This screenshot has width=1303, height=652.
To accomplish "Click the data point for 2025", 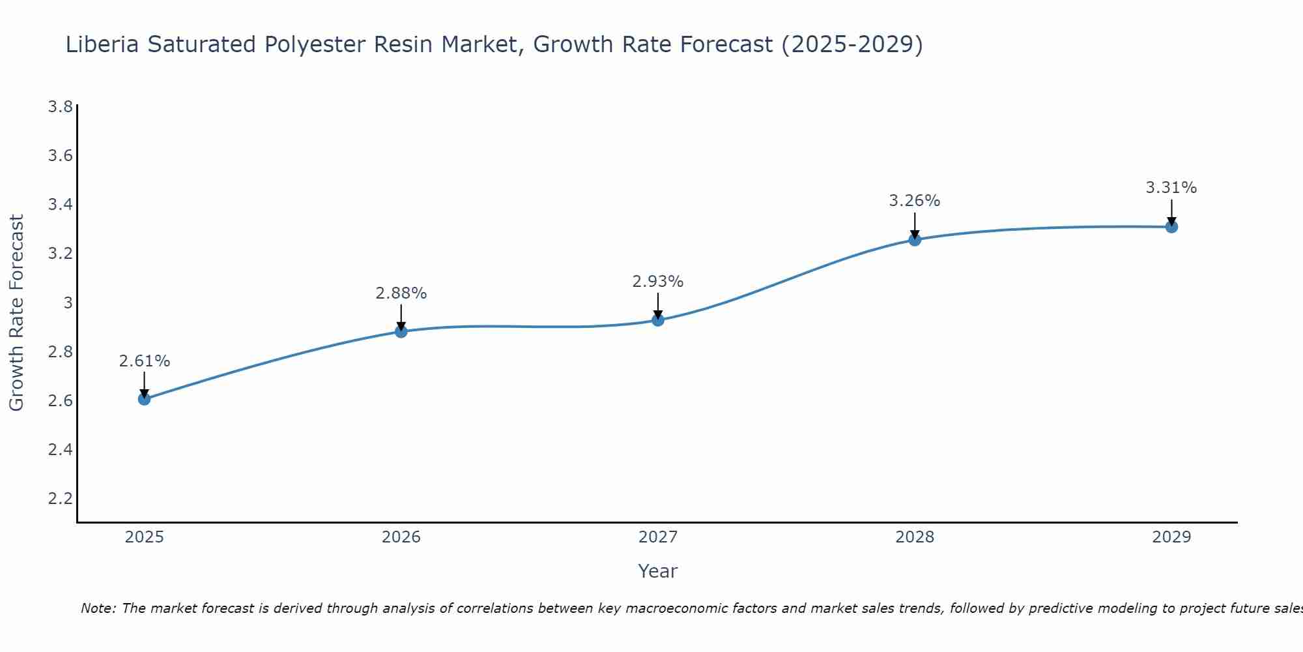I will [x=145, y=399].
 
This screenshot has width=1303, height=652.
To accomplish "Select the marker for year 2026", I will [x=401, y=332].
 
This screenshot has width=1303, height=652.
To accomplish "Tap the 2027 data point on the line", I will [x=658, y=320].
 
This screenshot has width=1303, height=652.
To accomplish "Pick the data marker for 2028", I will [x=915, y=240].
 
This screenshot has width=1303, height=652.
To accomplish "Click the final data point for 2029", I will [x=1171, y=227].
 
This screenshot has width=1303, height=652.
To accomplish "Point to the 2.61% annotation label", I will [x=145, y=361].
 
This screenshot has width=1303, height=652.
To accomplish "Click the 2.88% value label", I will [x=401, y=293].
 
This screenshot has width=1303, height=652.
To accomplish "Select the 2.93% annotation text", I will [x=658, y=282].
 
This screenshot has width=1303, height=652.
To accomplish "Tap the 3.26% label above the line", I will [x=915, y=201].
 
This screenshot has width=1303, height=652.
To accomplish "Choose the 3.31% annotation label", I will [x=1171, y=188].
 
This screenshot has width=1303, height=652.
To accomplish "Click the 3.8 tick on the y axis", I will [x=60, y=107].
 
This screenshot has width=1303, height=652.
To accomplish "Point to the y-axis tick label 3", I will [x=68, y=303].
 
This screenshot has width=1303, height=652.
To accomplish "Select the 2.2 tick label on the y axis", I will [x=60, y=499].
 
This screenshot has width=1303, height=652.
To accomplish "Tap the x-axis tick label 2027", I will [x=658, y=537].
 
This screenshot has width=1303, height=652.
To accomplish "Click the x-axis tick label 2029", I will [x=1171, y=537].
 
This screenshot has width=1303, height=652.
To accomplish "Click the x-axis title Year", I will [x=658, y=571].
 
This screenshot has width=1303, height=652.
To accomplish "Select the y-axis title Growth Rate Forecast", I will [x=16, y=313].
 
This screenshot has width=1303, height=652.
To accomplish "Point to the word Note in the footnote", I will [x=98, y=608].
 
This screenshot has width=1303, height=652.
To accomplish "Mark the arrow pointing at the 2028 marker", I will [x=915, y=226].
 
